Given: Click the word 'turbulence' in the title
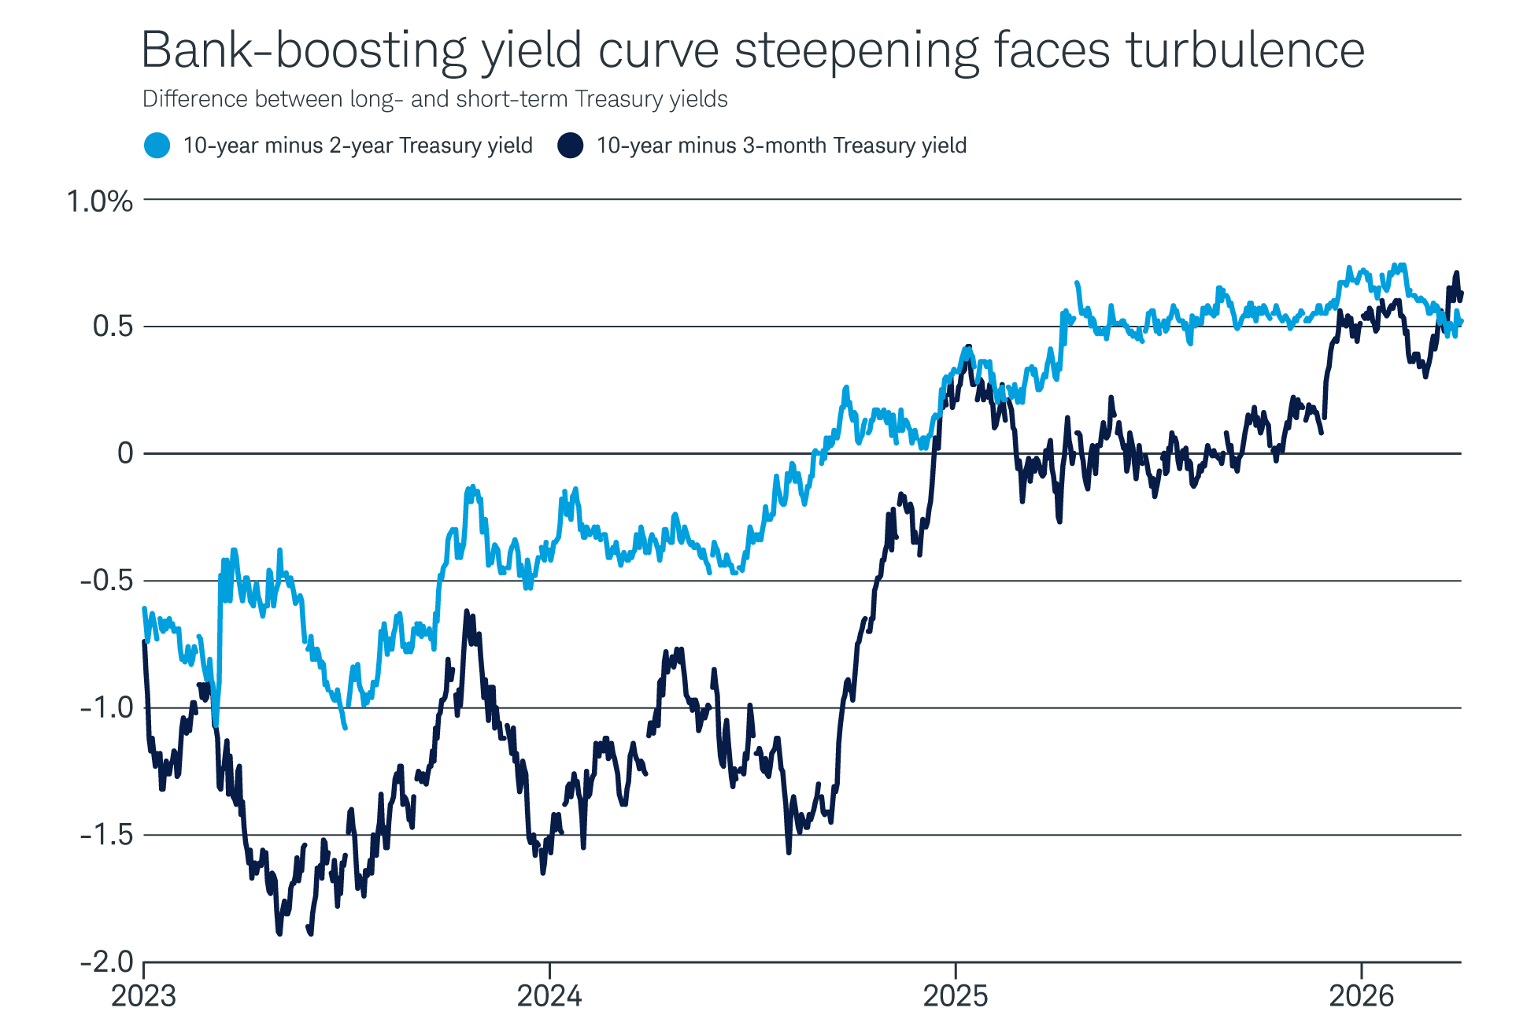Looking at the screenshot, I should tap(1244, 50).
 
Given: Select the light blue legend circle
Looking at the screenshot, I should tap(157, 146).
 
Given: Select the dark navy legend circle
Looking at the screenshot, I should tap(570, 146).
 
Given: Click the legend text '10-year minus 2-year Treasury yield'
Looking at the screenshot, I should tap(358, 146).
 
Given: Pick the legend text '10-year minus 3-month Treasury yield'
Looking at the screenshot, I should tap(782, 146).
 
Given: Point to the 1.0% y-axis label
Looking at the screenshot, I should tap(100, 201).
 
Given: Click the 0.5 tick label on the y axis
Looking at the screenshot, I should tap(113, 327).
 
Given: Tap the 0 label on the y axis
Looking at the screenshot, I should tap(125, 453).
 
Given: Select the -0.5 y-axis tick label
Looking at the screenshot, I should tap(106, 581).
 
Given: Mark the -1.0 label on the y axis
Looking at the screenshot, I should tap(106, 708).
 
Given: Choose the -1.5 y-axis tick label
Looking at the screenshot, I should tap(106, 835).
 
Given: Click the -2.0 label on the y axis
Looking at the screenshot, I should tap(106, 962).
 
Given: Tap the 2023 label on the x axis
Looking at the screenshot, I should tap(144, 997).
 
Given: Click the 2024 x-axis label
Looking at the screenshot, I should tap(549, 997).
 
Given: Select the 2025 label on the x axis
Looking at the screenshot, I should tap(955, 997).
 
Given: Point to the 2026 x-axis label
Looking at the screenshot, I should tap(1361, 997).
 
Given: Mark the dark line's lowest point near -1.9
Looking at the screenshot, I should tap(279, 933).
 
